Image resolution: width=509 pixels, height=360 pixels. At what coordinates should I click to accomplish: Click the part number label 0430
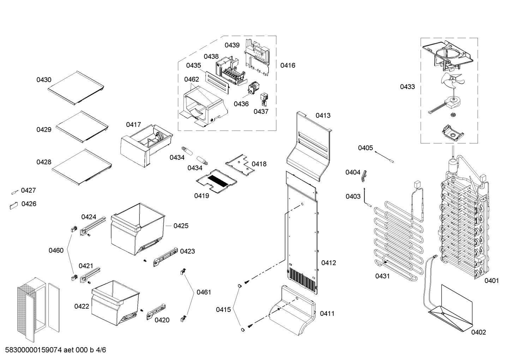pyautogui.click(x=44, y=80)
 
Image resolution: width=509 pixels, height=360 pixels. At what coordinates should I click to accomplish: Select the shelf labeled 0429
pyautogui.click(x=82, y=127)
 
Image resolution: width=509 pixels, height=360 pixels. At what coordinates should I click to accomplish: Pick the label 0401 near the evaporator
pyautogui.click(x=491, y=281)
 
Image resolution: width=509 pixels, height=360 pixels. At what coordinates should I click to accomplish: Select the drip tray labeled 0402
pyautogui.click(x=452, y=311)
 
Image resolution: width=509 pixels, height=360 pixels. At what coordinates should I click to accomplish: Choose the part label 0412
pyautogui.click(x=328, y=263)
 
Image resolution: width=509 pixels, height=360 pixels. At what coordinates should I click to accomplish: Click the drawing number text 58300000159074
pyautogui.click(x=34, y=350)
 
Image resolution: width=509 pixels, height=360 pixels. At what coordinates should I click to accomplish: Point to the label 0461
pyautogui.click(x=204, y=292)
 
